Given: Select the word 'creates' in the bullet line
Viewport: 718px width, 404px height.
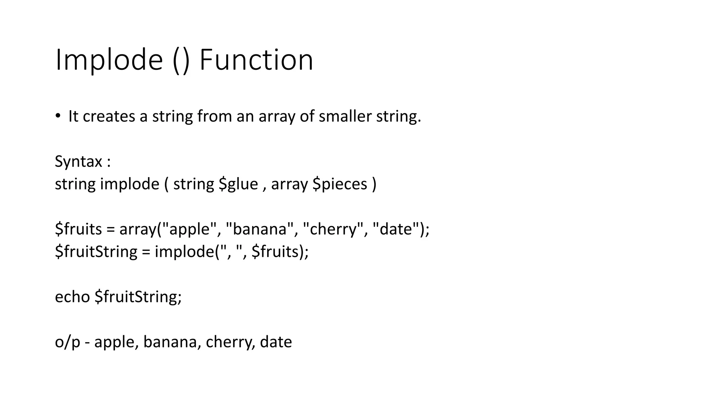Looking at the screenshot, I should [109, 116].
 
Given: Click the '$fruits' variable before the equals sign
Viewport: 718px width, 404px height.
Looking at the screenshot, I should [78, 229].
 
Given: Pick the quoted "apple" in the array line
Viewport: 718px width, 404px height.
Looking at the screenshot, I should [190, 229].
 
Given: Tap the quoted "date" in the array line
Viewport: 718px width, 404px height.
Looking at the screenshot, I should [396, 229].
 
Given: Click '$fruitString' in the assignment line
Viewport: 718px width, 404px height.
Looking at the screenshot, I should [96, 252].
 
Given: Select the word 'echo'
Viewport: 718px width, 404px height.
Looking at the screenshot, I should [72, 297].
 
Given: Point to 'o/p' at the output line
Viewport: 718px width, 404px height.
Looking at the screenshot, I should [67, 342].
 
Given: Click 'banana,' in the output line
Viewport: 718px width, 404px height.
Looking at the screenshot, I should [172, 342].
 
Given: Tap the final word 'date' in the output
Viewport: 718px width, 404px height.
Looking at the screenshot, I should [276, 342].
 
